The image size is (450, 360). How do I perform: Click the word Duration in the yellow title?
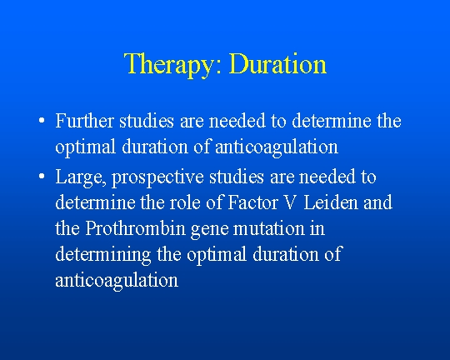[277, 63]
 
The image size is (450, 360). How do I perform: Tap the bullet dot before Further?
[42, 121]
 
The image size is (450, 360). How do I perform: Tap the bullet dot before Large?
[42, 177]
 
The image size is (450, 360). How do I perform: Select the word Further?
[85, 121]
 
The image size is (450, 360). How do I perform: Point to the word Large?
[80, 177]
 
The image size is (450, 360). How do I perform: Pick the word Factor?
[252, 202]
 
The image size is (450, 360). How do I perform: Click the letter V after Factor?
[290, 202]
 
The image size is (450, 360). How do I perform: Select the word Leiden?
[331, 202]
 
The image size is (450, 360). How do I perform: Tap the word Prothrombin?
[135, 228]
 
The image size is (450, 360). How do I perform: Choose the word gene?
[210, 230]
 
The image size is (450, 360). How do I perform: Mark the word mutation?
[269, 229]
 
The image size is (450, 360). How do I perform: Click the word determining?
[103, 255]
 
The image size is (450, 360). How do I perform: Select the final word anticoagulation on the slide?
[117, 282]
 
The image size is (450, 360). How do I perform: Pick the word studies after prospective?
[237, 177]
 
